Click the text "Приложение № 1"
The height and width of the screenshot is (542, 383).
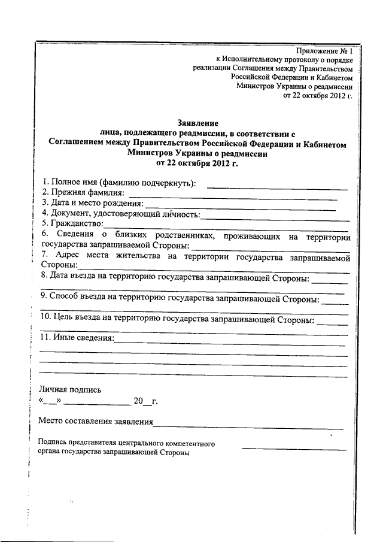tap(324, 52)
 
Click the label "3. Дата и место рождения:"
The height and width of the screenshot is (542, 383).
tap(93, 203)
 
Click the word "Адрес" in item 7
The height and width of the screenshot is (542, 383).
tap(66, 256)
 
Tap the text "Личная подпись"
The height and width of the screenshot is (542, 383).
tap(66, 389)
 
